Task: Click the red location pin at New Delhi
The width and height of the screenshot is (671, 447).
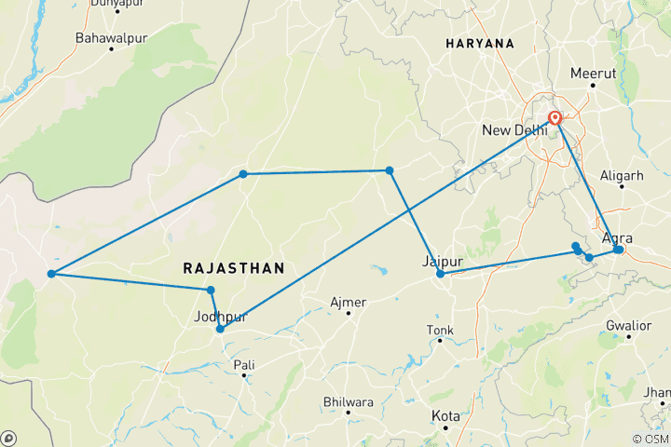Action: click(555, 118)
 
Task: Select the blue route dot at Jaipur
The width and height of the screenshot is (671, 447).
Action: click(440, 274)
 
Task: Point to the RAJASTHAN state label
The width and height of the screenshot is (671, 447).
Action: click(233, 268)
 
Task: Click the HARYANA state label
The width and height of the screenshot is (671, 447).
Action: click(480, 44)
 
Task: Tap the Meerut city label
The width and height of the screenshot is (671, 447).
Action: click(595, 73)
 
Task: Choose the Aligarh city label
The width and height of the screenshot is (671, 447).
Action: click(623, 175)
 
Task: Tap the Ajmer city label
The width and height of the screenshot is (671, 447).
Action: click(349, 303)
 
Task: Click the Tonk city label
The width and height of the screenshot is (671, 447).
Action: click(440, 331)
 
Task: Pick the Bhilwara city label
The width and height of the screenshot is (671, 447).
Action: click(348, 402)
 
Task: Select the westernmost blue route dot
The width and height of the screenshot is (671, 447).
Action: click(51, 274)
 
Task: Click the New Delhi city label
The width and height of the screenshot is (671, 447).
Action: click(514, 129)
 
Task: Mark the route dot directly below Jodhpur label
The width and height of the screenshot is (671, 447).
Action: click(220, 329)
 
